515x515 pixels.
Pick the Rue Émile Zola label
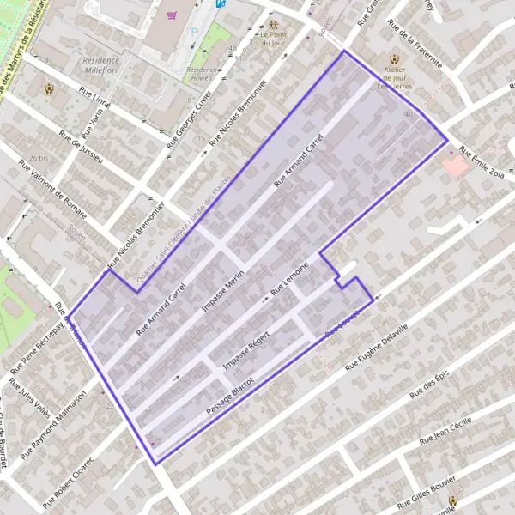pos(482,162)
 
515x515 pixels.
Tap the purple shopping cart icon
pos(173,15)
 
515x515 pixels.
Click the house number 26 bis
pos(37,159)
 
